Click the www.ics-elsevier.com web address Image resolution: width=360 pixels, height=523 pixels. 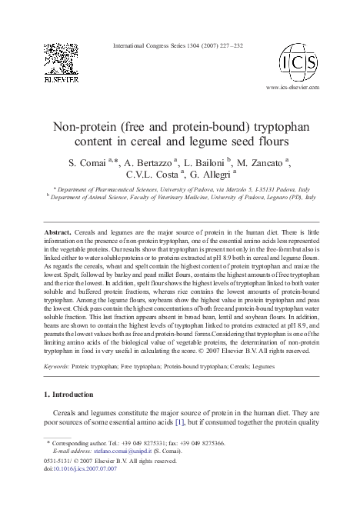(292, 88)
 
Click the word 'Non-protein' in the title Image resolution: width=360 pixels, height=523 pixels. (82, 126)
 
